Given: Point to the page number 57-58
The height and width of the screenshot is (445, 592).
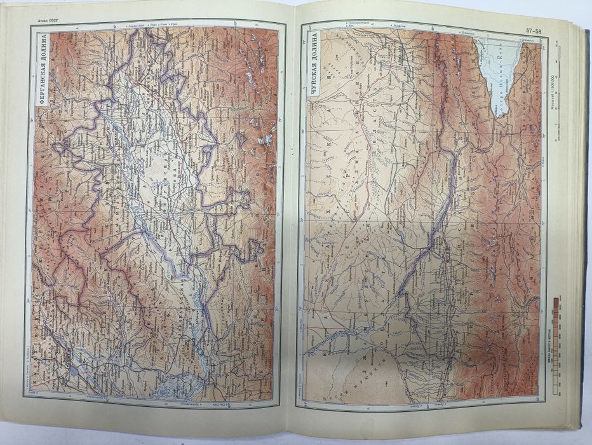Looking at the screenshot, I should coord(535,31).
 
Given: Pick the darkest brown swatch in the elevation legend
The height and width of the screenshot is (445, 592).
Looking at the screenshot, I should coord(555,303).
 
